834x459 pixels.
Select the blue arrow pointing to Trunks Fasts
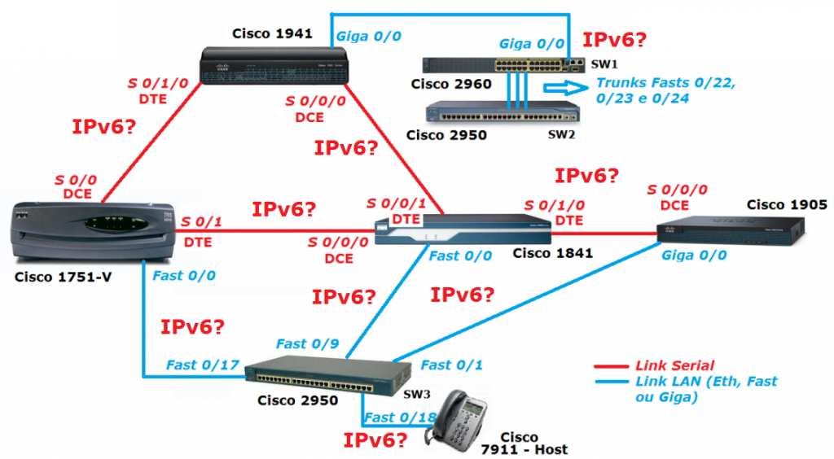562,87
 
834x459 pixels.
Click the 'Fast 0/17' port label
192,365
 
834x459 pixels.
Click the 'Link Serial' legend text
674,365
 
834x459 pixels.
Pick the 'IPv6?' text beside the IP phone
375,440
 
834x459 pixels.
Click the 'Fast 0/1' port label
447,365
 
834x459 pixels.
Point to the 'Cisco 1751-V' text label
62,277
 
